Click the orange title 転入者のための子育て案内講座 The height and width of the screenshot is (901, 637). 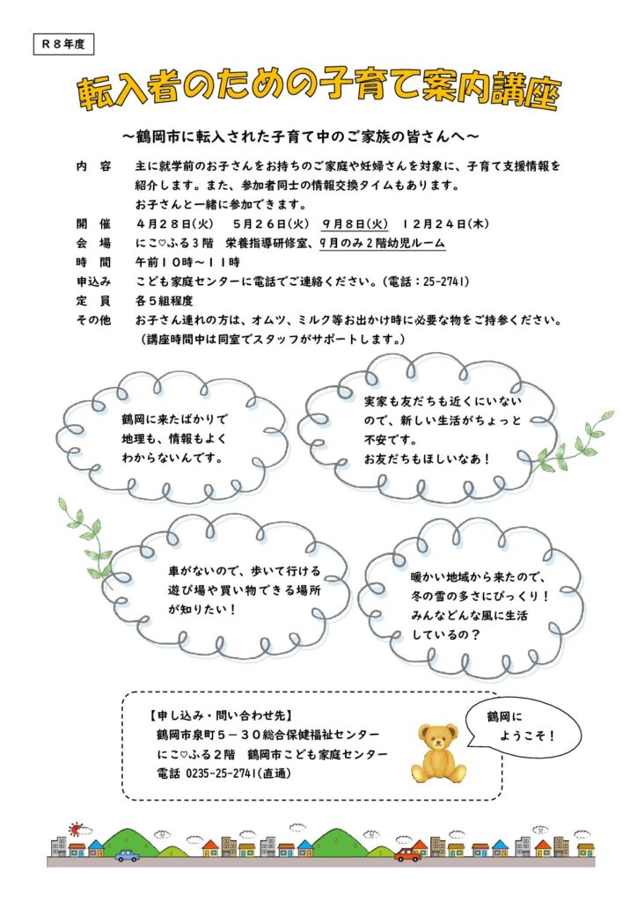[318, 92]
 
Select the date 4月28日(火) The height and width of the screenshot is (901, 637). [174, 224]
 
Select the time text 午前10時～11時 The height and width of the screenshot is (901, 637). [187, 262]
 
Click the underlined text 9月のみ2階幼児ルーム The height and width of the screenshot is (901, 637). [383, 244]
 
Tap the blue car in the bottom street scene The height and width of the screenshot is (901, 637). [127, 854]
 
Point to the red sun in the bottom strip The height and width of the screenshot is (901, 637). [77, 829]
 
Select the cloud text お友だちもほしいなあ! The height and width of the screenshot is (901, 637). [427, 458]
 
